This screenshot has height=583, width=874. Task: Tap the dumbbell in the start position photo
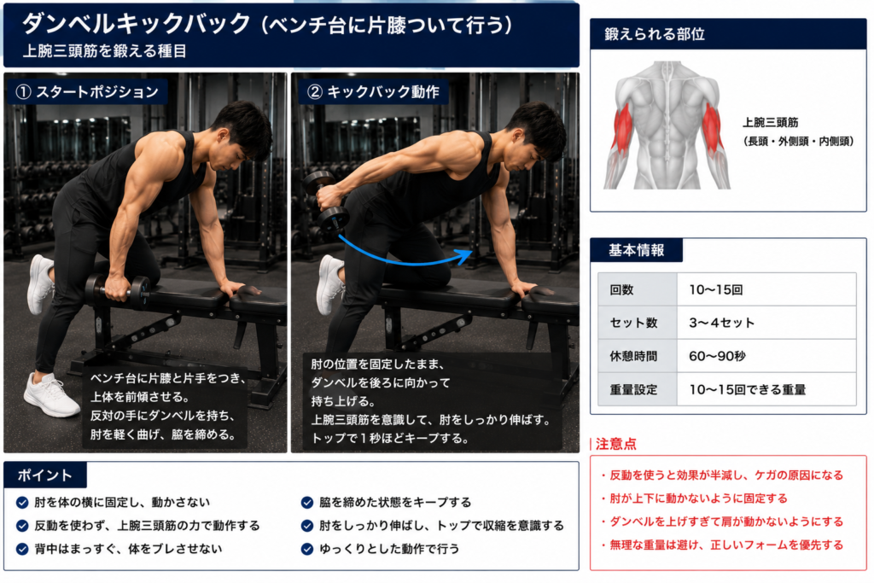(118, 290)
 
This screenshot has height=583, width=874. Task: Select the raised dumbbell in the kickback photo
(325, 201)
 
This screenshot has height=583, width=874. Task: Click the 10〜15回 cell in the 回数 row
(766, 289)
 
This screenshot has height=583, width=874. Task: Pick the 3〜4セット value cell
(766, 323)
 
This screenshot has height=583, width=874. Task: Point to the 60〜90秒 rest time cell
(766, 356)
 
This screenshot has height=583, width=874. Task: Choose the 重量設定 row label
(634, 389)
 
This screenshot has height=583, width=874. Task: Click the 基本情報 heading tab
(636, 250)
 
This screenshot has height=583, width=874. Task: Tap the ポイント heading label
(44, 475)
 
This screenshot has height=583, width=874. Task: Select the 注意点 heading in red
(615, 444)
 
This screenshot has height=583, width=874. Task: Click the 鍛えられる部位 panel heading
(655, 34)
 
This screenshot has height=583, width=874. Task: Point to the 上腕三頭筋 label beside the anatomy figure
(771, 123)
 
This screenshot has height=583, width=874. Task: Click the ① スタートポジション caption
(87, 92)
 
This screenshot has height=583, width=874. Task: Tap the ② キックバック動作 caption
(375, 92)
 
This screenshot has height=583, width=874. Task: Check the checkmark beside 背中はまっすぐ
(22, 549)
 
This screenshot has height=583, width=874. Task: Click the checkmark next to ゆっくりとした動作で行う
(307, 549)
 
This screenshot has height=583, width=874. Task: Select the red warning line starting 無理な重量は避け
(722, 545)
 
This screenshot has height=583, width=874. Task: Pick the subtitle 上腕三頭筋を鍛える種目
(104, 51)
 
